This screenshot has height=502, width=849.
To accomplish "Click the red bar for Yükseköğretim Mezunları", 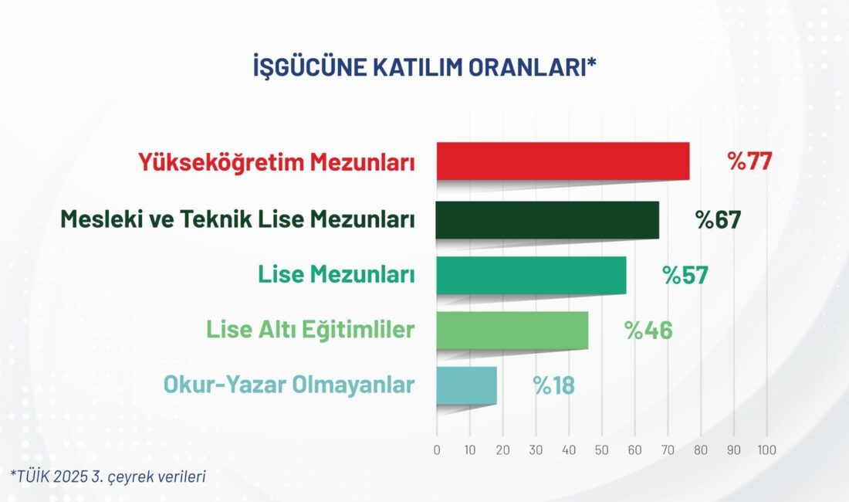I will pos(563,161).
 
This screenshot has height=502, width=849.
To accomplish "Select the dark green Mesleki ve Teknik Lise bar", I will pos(547,219).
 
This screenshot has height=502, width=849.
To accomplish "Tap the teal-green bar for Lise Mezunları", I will pos(531,275).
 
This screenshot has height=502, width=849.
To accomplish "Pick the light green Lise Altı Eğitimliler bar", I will pos(512,330).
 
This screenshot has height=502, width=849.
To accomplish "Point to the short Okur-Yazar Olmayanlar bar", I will pos(466,385).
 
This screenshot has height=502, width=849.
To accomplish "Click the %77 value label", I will pos(749,161).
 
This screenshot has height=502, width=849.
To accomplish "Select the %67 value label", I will pos(718,219).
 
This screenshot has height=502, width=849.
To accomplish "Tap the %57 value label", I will pos(685,275).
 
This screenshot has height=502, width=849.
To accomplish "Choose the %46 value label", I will pos(648,330).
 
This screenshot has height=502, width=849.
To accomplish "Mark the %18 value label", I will pos(554,385).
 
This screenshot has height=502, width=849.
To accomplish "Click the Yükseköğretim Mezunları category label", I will pos(277,163).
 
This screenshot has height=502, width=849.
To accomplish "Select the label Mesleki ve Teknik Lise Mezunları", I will pos(238,219).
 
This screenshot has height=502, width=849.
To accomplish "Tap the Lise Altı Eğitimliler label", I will pos(310,330).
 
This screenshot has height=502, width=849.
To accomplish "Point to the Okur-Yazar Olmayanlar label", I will pos(289,385).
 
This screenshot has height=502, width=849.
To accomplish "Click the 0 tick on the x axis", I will pos(437,450).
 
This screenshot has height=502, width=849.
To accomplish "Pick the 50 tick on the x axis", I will pos(602,450).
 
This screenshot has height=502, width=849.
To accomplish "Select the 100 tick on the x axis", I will pos(766,450).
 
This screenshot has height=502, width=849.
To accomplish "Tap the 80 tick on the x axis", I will pos(701,450).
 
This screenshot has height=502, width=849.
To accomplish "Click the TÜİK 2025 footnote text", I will pos(108,476).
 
